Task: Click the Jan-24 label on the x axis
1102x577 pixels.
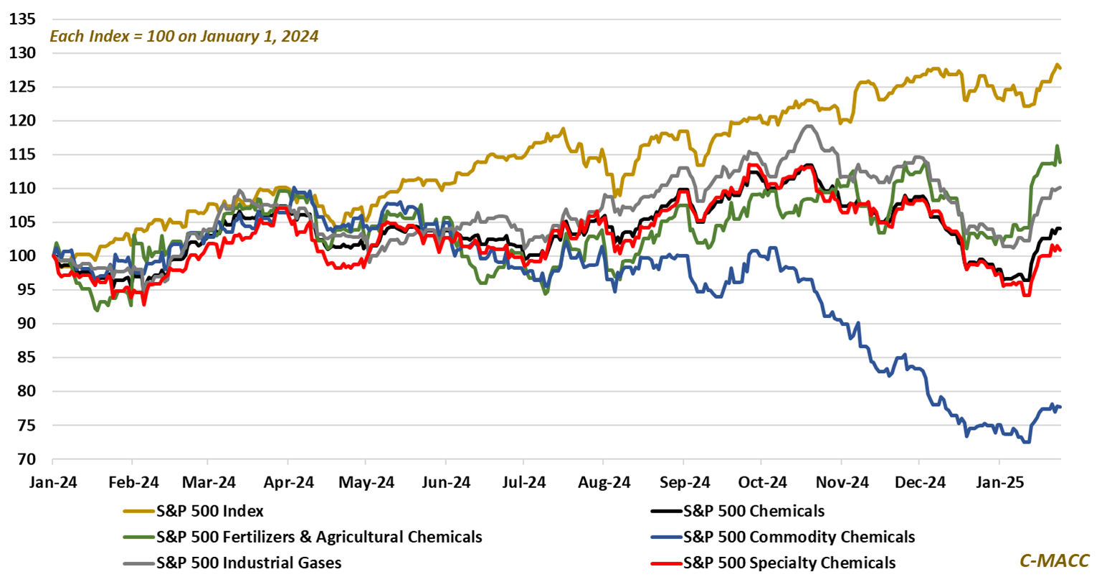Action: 52,480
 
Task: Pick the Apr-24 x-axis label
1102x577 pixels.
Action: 287,480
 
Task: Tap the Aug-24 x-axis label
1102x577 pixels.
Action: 602,480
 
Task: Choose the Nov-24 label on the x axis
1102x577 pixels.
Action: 840,480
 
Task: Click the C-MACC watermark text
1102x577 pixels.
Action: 1054,560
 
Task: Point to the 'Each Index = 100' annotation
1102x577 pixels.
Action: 184,35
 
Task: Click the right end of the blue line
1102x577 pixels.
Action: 1060,407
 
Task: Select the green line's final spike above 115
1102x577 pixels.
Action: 1057,146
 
